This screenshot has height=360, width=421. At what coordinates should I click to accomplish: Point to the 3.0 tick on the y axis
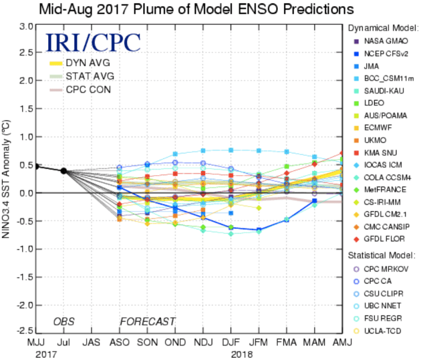(25, 26)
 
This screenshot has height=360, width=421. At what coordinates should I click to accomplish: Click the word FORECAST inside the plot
(147, 321)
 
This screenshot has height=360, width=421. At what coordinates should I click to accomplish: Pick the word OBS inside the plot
(63, 321)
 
